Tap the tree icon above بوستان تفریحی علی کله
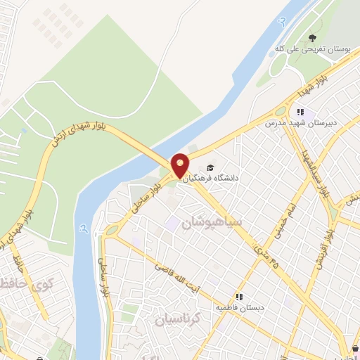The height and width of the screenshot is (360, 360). tap(312, 39)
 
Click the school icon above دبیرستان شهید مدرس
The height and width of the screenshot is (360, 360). tap(300, 111)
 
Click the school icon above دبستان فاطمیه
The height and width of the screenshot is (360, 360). tap(240, 296)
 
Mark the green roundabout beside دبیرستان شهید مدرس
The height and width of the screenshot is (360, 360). tap(281, 110)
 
